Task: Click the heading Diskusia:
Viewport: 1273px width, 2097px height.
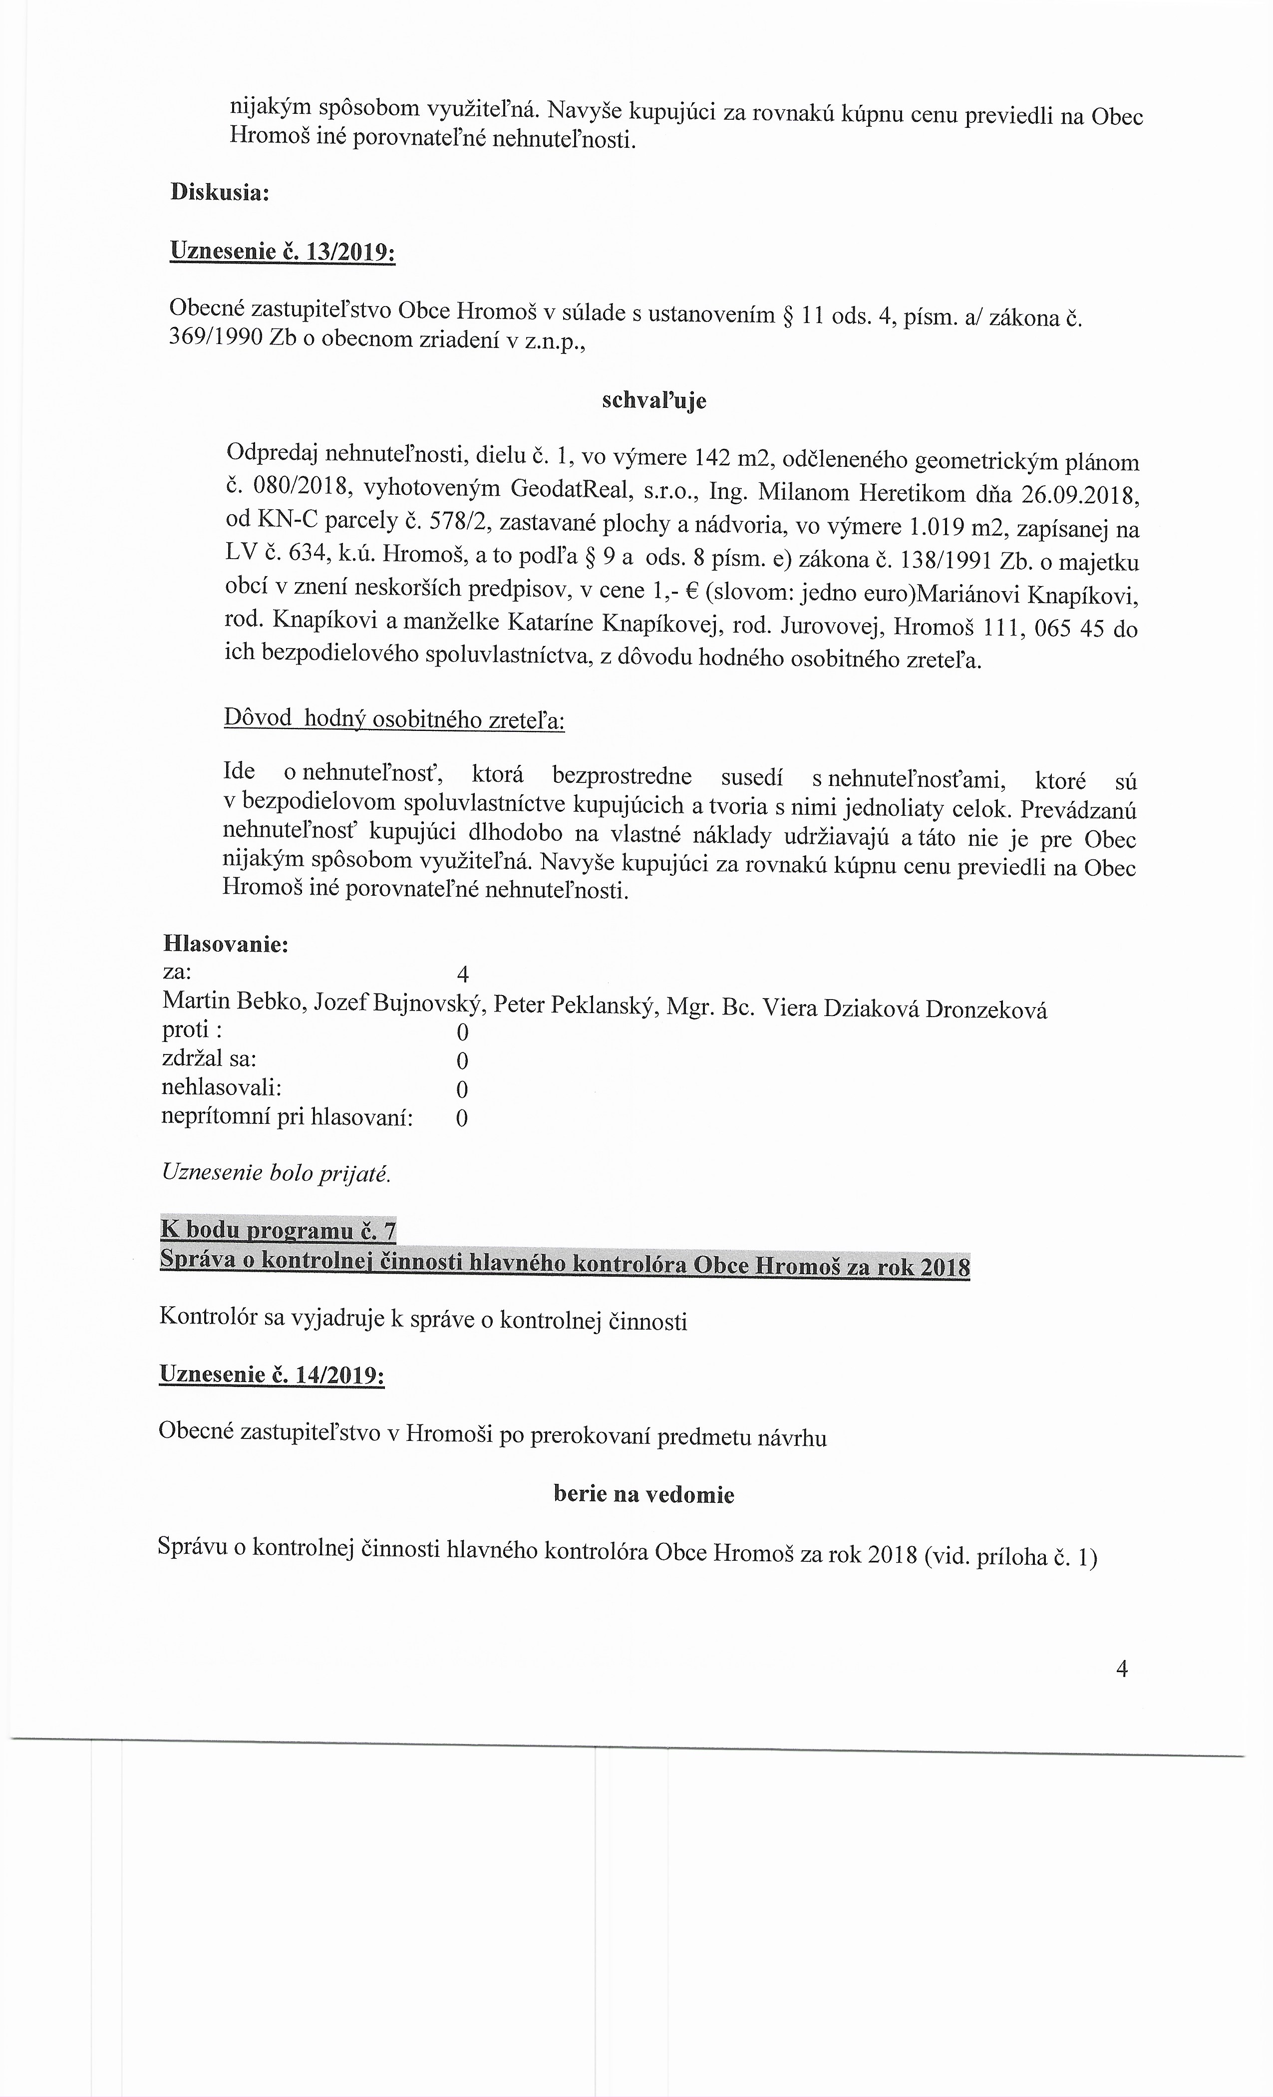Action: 220,192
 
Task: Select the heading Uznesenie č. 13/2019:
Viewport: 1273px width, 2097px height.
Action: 283,252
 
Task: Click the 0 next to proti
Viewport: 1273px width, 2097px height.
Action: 462,1033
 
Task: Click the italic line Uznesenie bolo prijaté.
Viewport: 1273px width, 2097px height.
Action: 276,1174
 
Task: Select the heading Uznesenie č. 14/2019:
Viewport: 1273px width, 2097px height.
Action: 272,1376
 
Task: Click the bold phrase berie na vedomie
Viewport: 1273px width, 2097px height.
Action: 643,1494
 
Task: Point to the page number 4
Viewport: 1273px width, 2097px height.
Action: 1122,1670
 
